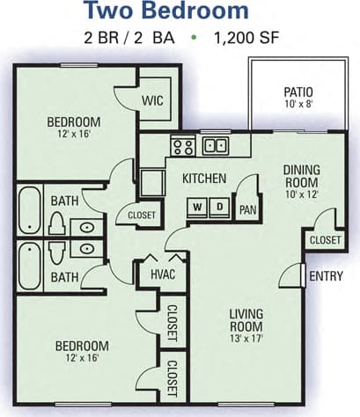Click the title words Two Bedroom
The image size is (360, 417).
coord(179,11)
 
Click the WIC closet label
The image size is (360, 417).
coord(153,100)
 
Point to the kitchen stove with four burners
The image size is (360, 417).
coord(182,146)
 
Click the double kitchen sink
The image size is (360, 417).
coord(214,145)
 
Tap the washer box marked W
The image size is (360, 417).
coord(199,208)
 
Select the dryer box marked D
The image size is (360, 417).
coord(220,208)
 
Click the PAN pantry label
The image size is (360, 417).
coord(248,210)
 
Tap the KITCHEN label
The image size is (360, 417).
coord(204,179)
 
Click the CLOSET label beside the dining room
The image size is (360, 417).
coord(324,239)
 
